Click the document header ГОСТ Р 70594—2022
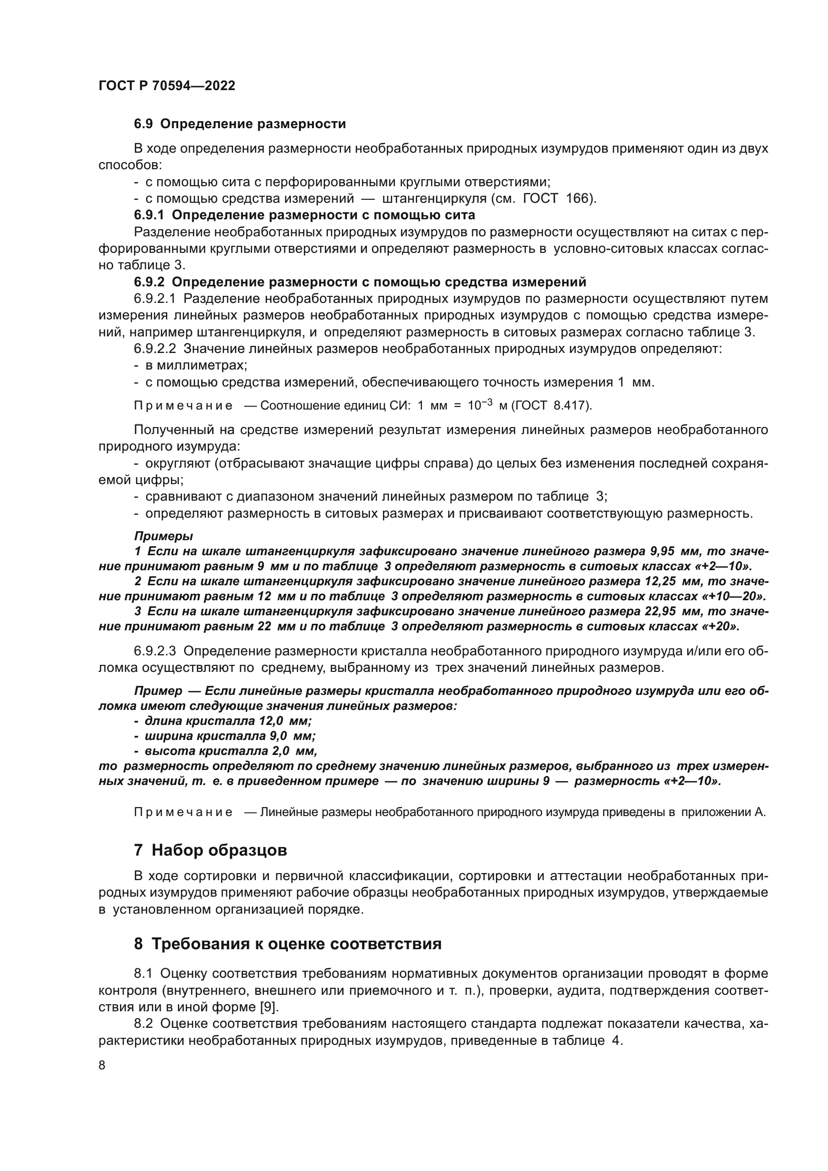coord(167,86)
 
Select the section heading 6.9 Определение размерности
coord(240,124)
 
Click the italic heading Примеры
coord(163,537)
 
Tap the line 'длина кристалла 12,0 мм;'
coord(228,721)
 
